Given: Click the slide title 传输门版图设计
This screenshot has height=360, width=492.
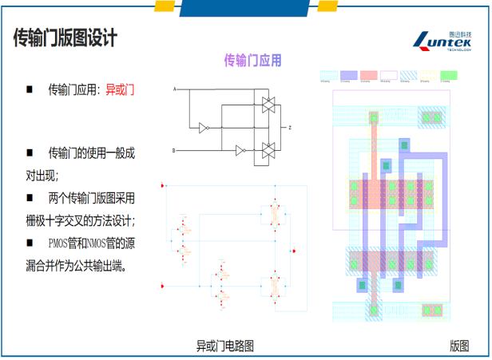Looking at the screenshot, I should pyautogui.click(x=65, y=38).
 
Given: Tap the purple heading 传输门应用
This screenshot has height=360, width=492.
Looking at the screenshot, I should pyautogui.click(x=252, y=60).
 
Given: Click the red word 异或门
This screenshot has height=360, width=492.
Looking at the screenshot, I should pyautogui.click(x=120, y=90).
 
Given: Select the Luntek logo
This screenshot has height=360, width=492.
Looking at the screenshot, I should pyautogui.click(x=444, y=39).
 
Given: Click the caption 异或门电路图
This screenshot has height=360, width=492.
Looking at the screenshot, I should pyautogui.click(x=225, y=346).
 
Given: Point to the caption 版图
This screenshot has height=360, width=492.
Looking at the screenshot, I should pyautogui.click(x=458, y=346).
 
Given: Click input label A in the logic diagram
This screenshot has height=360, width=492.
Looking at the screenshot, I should pyautogui.click(x=174, y=89).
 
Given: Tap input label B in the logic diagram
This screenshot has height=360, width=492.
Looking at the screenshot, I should pyautogui.click(x=174, y=149).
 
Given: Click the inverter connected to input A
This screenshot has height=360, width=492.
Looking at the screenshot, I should pyautogui.click(x=204, y=127).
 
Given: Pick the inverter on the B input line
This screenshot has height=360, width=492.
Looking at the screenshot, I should pyautogui.click(x=239, y=149).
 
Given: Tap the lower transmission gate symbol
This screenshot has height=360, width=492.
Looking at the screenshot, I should pyautogui.click(x=268, y=148).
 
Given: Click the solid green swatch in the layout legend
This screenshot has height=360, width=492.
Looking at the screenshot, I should pyautogui.click(x=450, y=74).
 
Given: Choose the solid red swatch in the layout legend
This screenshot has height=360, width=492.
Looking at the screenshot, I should pyautogui.click(x=368, y=74).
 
